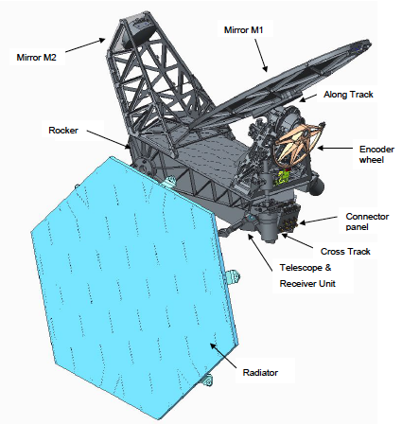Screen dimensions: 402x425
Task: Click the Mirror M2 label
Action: (x=36, y=58)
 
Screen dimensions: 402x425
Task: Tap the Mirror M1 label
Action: (x=243, y=30)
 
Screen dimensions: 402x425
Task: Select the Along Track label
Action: (x=348, y=95)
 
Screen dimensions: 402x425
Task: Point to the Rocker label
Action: (x=63, y=131)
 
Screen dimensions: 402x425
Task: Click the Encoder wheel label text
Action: (x=376, y=154)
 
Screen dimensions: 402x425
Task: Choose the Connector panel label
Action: (x=367, y=221)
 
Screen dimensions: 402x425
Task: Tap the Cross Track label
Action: (x=345, y=252)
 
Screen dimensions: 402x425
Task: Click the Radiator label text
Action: (x=260, y=373)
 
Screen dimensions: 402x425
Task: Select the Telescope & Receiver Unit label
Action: (x=307, y=275)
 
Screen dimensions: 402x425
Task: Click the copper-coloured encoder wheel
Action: (x=297, y=145)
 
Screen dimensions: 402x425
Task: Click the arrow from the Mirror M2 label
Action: (x=85, y=45)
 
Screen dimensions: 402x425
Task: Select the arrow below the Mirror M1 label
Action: (x=261, y=56)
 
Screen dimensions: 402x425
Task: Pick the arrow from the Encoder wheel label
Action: (x=335, y=148)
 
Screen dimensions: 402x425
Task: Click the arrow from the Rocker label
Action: (x=108, y=139)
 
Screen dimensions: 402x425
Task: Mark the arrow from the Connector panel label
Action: (x=318, y=221)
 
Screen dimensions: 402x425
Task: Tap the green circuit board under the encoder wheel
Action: (x=283, y=176)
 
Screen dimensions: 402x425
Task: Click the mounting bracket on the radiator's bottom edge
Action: (x=207, y=380)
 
